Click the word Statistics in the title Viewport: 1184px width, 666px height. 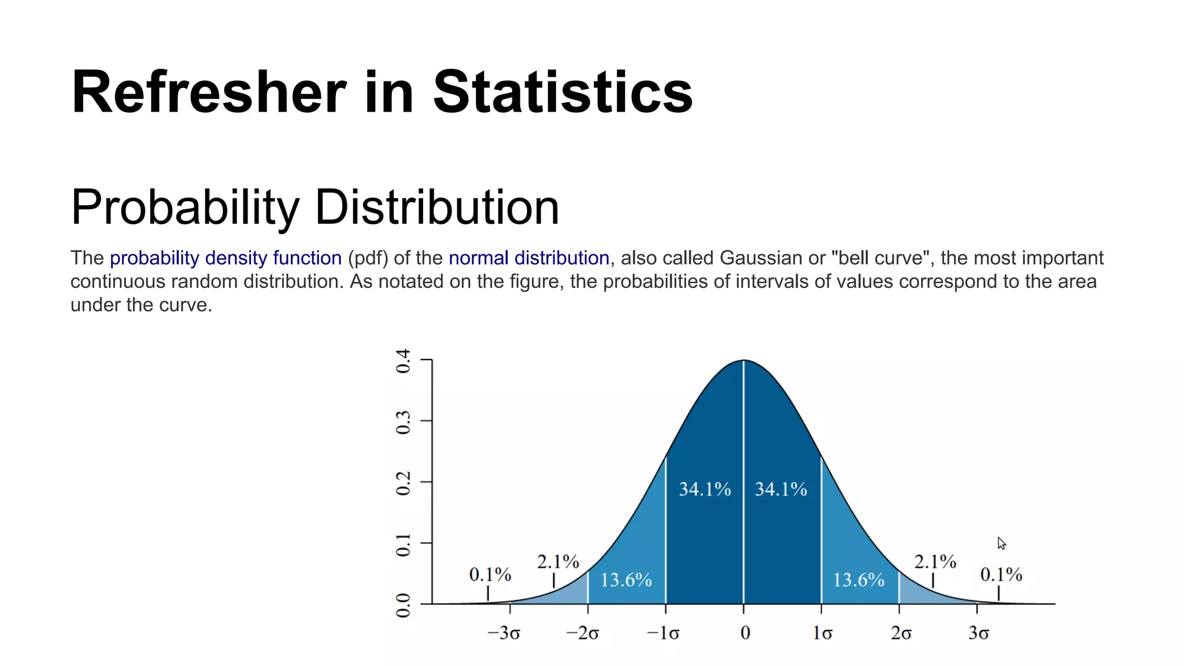pos(562,92)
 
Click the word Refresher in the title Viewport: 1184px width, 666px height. pos(208,92)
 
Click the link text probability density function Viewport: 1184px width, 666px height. pos(225,258)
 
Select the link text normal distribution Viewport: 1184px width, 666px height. pos(528,258)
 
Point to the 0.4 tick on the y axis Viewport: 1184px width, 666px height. pos(403,361)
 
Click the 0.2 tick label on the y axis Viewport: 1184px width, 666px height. pos(403,483)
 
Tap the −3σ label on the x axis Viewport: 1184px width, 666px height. pos(504,634)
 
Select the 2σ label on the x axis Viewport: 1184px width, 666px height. pos(901,634)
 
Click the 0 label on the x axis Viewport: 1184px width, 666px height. pos(745,634)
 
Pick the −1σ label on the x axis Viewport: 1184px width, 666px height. pos(663,634)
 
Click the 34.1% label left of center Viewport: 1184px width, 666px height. pos(704,490)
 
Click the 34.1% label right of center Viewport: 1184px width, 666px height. pos(780,490)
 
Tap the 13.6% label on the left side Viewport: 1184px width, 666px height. pos(626,580)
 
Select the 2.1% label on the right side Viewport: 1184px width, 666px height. pos(934,561)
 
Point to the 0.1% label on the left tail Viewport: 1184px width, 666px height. pos(490,575)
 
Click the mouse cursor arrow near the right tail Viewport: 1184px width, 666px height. pos(1001,543)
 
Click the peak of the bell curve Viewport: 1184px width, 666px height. pos(744,361)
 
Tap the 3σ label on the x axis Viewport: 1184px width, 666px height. pos(978,634)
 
